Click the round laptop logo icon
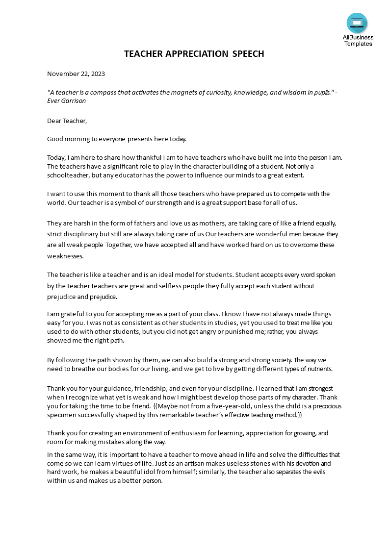coord(357,23)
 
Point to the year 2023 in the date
coord(97,74)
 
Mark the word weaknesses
coord(65,256)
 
